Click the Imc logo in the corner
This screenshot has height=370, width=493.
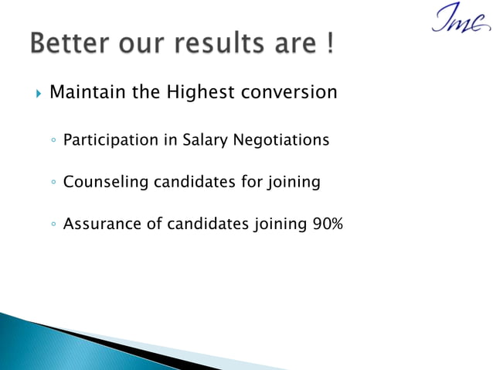pyautogui.click(x=460, y=19)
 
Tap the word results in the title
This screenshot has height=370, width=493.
pyautogui.click(x=205, y=45)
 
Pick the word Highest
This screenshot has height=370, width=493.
pyautogui.click(x=200, y=93)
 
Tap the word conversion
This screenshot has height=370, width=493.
pyautogui.click(x=289, y=93)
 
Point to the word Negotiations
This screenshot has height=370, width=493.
pyautogui.click(x=283, y=140)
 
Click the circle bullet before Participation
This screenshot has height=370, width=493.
pyautogui.click(x=51, y=142)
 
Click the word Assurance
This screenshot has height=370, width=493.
pyautogui.click(x=100, y=224)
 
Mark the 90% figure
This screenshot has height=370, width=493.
pyautogui.click(x=328, y=224)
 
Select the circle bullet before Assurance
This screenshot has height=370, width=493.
pyautogui.click(x=51, y=226)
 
